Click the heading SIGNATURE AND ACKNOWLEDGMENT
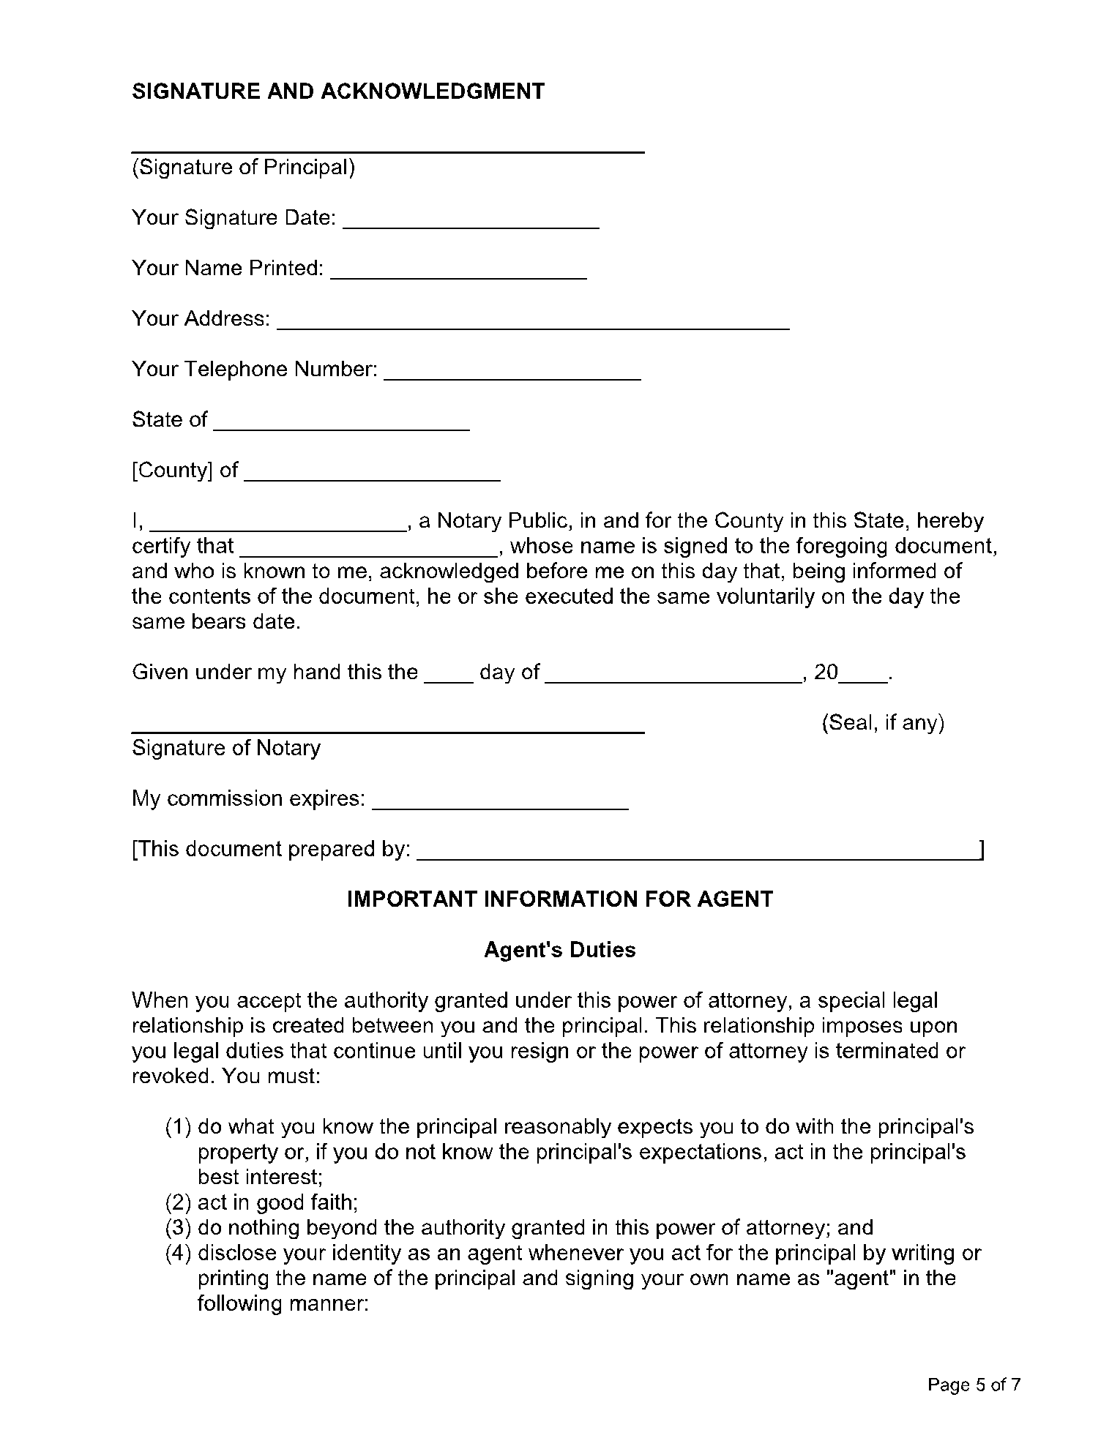tap(338, 91)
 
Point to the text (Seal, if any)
tap(883, 723)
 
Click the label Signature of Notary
tap(226, 748)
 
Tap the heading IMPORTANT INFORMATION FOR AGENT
tap(559, 899)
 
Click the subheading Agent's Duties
tap(559, 950)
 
